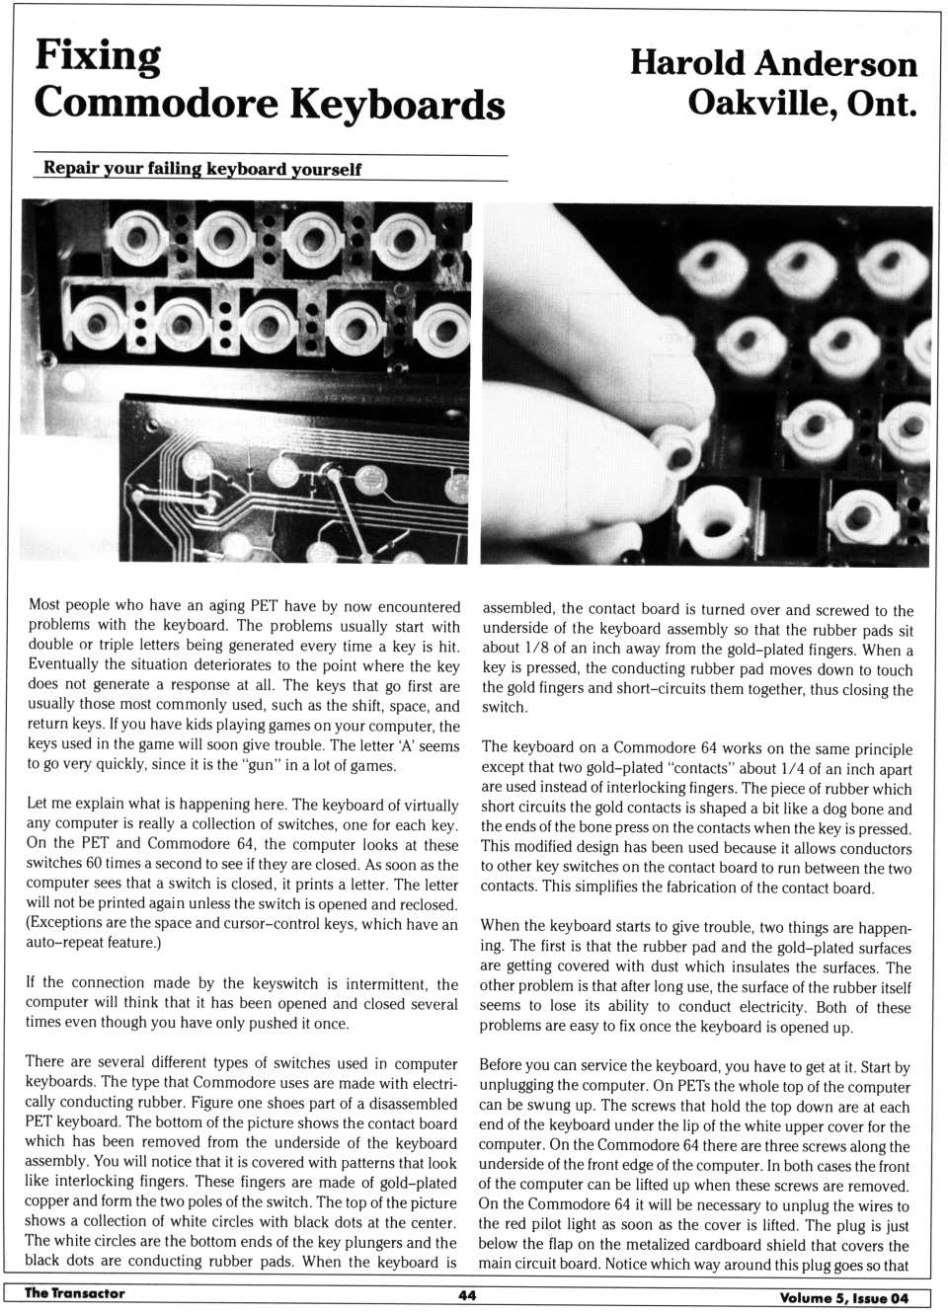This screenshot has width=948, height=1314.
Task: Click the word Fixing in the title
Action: [98, 55]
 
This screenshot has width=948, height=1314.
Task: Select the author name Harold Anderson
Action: [773, 63]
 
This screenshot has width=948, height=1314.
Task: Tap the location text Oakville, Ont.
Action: [802, 102]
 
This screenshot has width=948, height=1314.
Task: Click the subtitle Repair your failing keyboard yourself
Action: [202, 169]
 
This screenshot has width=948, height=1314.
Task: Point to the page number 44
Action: [467, 1295]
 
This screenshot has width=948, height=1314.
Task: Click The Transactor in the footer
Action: [74, 1293]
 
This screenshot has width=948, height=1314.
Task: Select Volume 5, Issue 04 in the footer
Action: [843, 1297]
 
